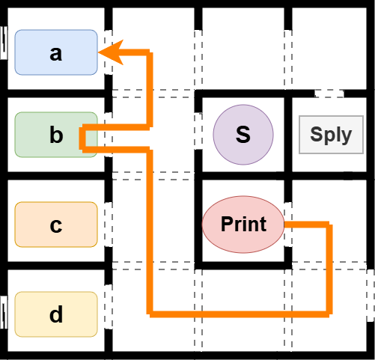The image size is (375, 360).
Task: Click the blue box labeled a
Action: pos(56,52)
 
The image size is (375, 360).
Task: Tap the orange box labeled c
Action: pos(56,225)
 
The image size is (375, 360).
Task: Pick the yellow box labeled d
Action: pos(56,314)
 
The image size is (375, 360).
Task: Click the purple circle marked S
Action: pos(243,135)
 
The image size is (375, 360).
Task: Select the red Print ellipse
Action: pos(243,224)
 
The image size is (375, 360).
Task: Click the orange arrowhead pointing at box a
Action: pos(109,52)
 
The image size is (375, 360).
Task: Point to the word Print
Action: pos(243,224)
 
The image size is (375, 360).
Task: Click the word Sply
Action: pos(330,135)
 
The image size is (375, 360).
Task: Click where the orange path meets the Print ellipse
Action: pos(285,224)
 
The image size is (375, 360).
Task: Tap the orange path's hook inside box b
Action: pos(82,138)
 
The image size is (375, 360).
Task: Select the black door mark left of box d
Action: pos(4,309)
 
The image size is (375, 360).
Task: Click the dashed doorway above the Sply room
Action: pos(329,94)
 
